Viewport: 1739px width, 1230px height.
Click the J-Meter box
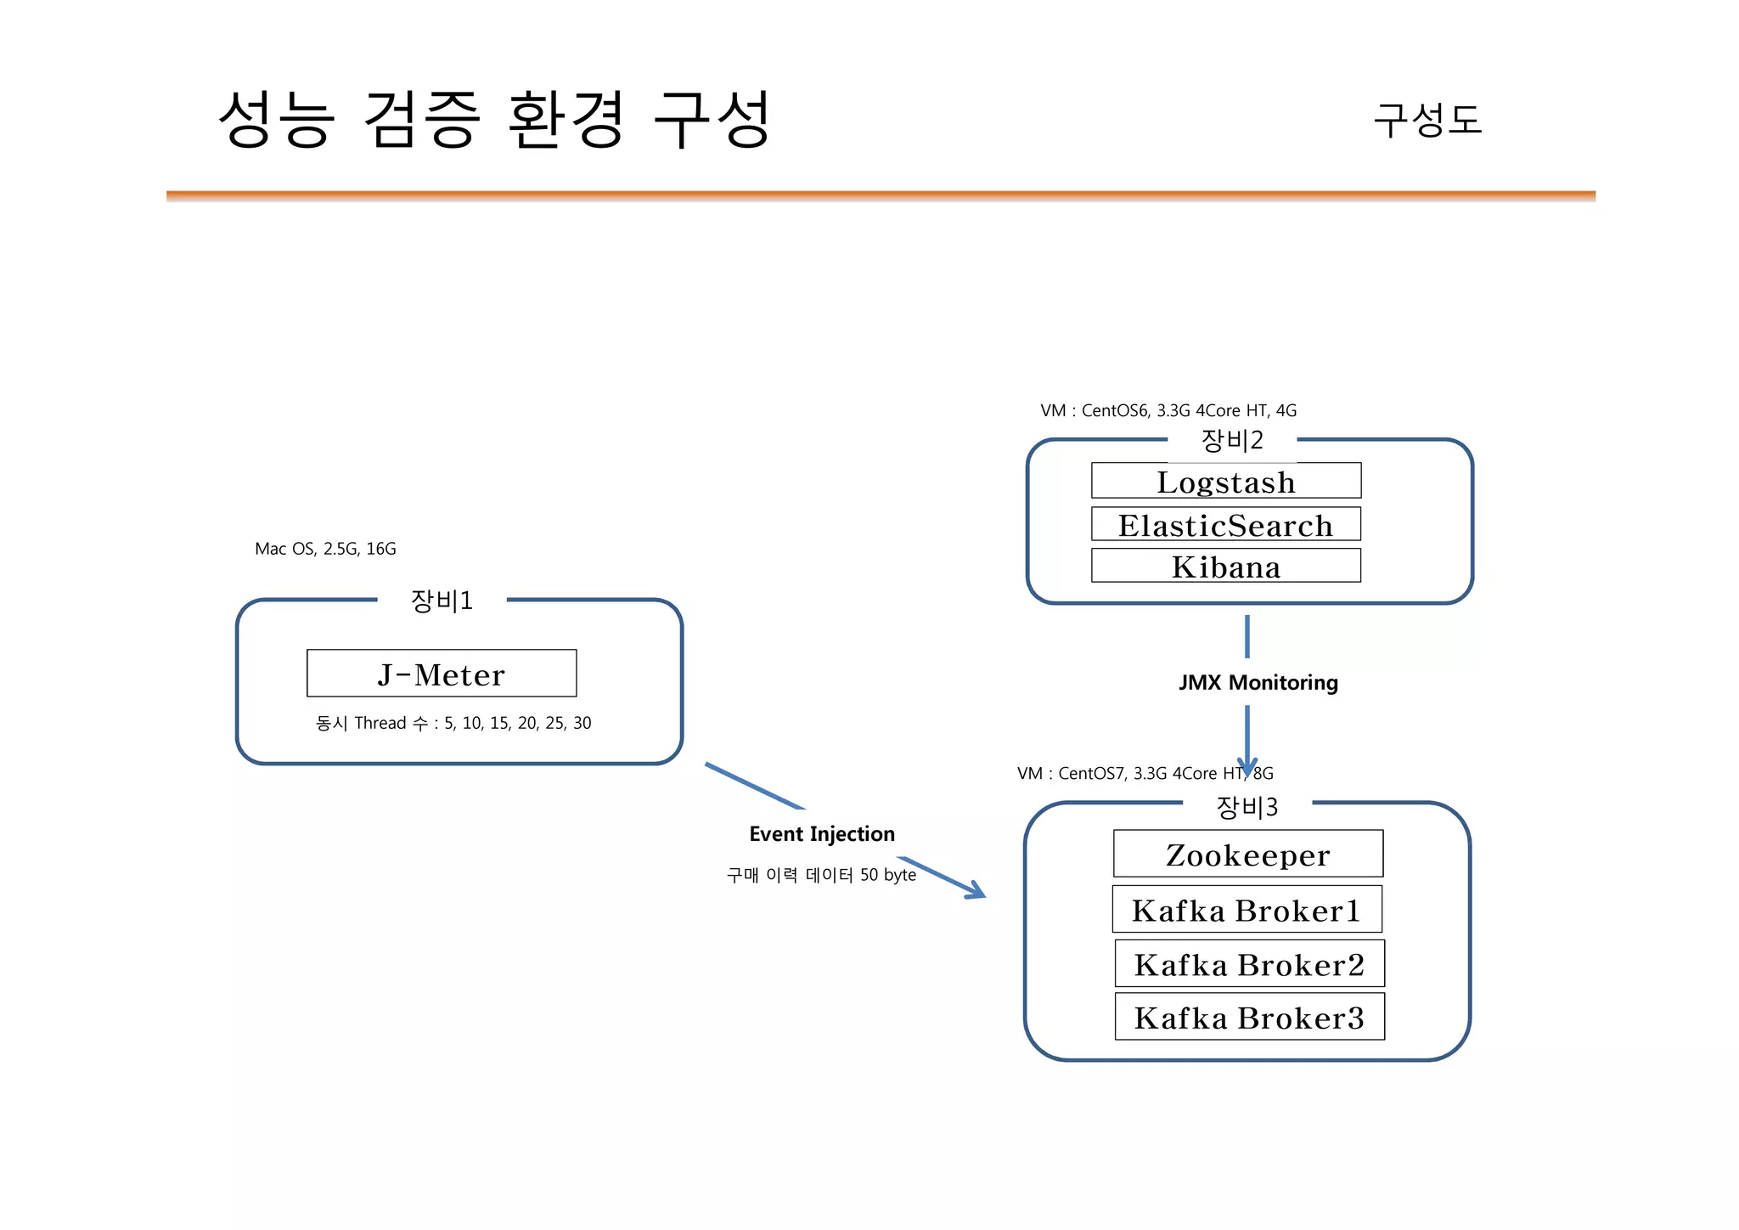[442, 674]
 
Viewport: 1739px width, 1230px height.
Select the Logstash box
[1226, 481]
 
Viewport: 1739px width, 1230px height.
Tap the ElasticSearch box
[1226, 524]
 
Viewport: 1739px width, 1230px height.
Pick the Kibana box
[1226, 566]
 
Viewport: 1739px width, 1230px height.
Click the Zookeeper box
[1248, 854]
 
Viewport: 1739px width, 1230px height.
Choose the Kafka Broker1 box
[1247, 910]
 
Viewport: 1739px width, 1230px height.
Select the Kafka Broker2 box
[1250, 963]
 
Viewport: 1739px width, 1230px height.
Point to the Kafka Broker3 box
[1250, 1017]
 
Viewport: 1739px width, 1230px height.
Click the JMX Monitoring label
[1258, 683]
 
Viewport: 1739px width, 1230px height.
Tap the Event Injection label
[822, 834]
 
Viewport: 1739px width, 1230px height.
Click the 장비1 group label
[442, 601]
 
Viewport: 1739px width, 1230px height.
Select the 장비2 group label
[1232, 440]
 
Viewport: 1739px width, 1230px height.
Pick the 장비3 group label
[1247, 806]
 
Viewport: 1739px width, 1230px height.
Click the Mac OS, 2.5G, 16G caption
[325, 549]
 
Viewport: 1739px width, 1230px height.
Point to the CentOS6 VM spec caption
[1168, 411]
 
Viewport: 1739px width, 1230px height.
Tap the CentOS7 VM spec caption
[1145, 774]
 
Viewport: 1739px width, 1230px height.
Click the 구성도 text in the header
[1428, 120]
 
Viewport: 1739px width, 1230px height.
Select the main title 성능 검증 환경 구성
[494, 120]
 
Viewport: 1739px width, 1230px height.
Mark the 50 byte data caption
[821, 875]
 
